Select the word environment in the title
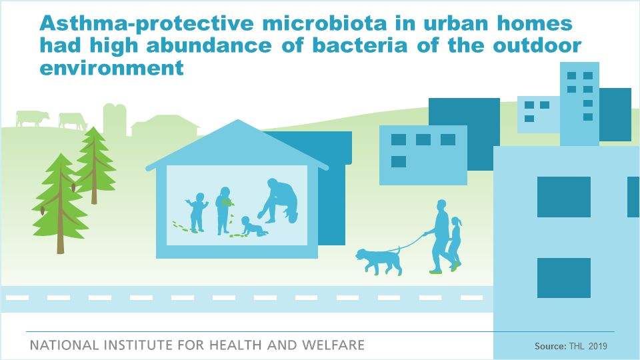tap(111, 68)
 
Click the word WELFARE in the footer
tap(333, 345)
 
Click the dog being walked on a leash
tap(379, 261)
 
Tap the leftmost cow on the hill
tap(31, 119)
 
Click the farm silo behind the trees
tap(115, 119)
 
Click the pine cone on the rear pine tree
tap(73, 187)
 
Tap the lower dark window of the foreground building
tap(563, 278)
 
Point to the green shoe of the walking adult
tap(435, 271)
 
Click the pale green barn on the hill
tap(165, 126)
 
